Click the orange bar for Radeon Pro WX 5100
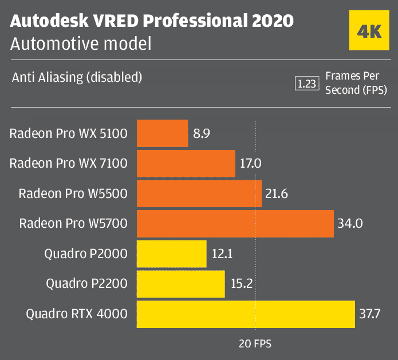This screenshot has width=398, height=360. pyautogui.click(x=162, y=134)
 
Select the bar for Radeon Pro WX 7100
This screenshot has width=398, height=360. pyautogui.click(x=186, y=164)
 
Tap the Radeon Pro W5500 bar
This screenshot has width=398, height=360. pyautogui.click(x=199, y=194)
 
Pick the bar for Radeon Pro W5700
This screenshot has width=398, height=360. pyautogui.click(x=235, y=224)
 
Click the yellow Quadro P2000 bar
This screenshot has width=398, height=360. pyautogui.click(x=172, y=254)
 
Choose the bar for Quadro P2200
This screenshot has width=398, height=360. pyautogui.click(x=181, y=284)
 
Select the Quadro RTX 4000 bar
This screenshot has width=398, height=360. pyautogui.click(x=246, y=314)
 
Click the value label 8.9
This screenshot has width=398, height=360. pyautogui.click(x=202, y=134)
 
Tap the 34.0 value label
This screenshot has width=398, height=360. pyautogui.click(x=350, y=224)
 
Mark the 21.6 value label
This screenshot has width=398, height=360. pyautogui.click(x=276, y=194)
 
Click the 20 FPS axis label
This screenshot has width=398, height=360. pyautogui.click(x=255, y=344)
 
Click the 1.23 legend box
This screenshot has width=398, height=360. pyautogui.click(x=306, y=84)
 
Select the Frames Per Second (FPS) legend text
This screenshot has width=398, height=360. pyautogui.click(x=356, y=83)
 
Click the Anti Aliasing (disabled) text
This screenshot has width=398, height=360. pyautogui.click(x=77, y=77)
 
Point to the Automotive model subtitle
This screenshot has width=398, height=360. pyautogui.click(x=81, y=43)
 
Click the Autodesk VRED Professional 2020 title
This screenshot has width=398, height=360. pyautogui.click(x=152, y=21)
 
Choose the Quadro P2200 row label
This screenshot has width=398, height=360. pyautogui.click(x=86, y=284)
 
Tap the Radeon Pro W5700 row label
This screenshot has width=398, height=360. pyautogui.click(x=73, y=224)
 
